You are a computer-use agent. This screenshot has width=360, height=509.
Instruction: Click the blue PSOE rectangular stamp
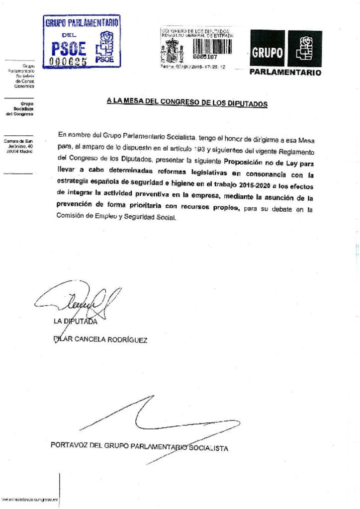pos(82,42)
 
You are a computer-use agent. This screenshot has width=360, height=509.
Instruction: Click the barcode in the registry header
pos(212,46)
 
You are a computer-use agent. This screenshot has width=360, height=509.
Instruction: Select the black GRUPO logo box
pos(267,48)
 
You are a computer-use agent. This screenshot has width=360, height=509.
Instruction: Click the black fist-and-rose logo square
pos(305,48)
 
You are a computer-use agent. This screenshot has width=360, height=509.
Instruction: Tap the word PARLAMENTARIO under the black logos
pos(285,73)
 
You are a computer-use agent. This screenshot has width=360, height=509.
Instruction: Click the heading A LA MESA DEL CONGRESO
pos(187,102)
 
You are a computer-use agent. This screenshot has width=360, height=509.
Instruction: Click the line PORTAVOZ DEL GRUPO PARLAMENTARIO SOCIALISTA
pos(139,446)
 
